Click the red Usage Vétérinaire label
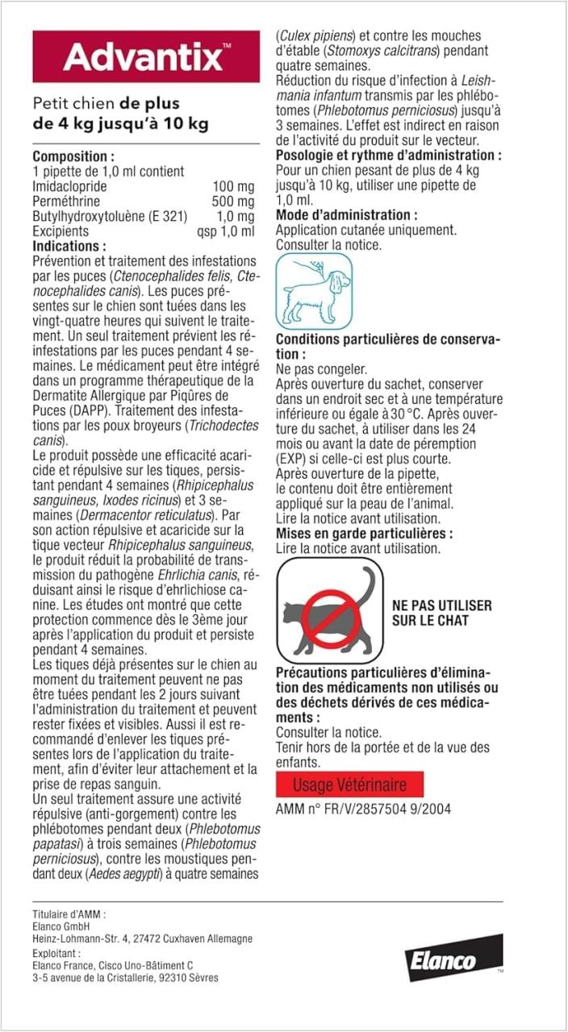pos(349,784)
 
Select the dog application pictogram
pos(315,290)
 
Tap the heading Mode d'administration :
pos(347,215)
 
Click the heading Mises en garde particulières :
pos(364,534)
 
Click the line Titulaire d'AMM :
pos(69,914)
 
